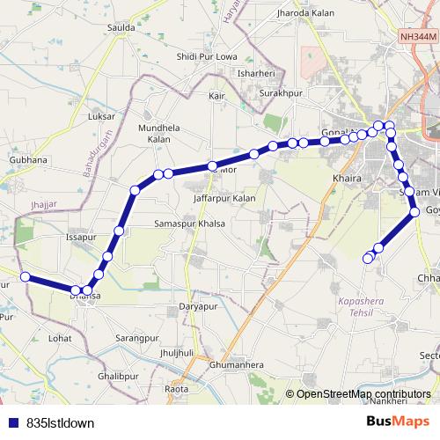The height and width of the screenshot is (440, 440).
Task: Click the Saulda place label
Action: (x=121, y=27)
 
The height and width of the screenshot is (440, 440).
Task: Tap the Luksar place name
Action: (x=102, y=116)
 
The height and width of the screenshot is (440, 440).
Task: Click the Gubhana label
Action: (x=27, y=160)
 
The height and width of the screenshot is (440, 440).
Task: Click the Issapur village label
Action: (x=81, y=238)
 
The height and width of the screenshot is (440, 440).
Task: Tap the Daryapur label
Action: (x=198, y=306)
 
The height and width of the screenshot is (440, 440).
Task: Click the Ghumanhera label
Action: (x=238, y=363)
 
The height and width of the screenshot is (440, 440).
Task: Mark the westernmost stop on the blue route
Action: (x=26, y=277)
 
